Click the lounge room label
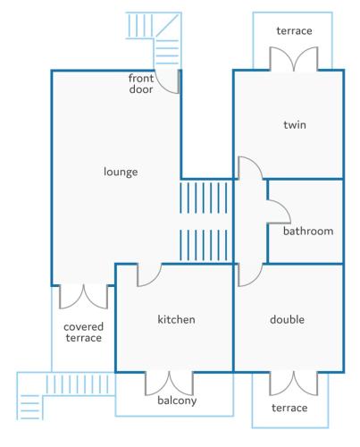point(121,172)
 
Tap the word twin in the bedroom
point(295,124)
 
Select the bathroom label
point(308,231)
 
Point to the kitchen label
point(176,319)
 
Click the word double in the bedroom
point(287,319)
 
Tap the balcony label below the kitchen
point(177,401)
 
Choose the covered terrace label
point(84,333)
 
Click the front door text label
point(141,84)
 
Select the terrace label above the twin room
point(294,30)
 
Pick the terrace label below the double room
point(289,408)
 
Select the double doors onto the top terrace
point(294,59)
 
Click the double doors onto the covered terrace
point(84,297)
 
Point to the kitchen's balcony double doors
point(169,384)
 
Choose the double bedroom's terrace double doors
point(294,384)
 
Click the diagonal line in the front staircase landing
point(167,26)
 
